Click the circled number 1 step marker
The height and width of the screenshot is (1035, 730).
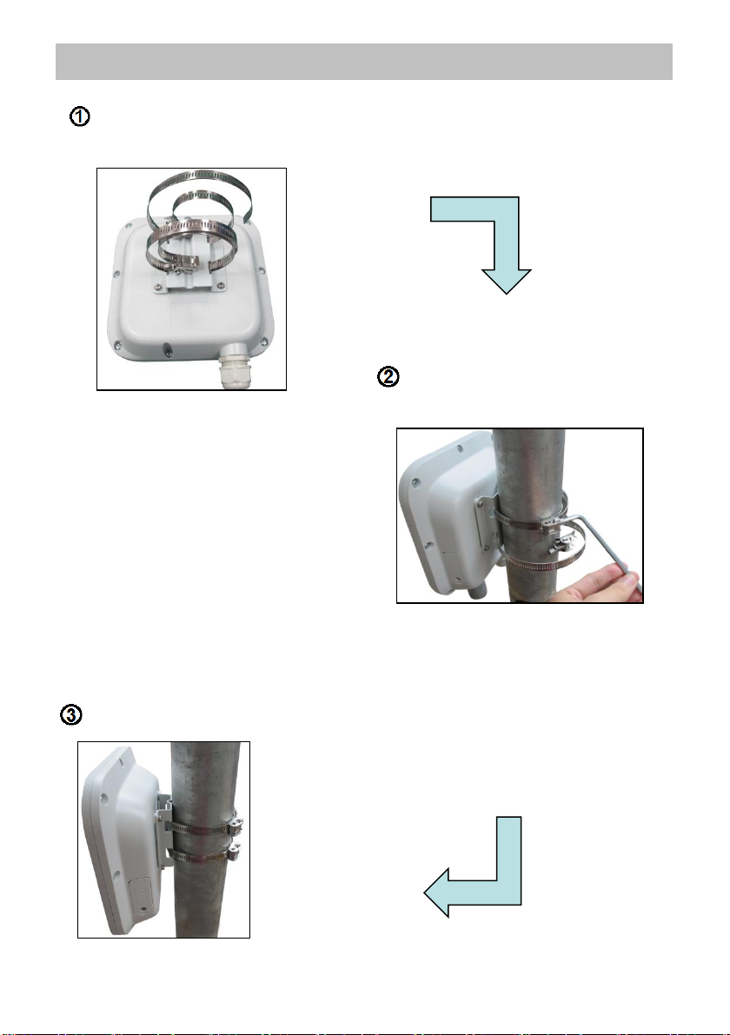tap(80, 116)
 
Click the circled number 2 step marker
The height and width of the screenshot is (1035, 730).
tap(388, 376)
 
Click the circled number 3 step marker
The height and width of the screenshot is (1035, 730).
tap(71, 715)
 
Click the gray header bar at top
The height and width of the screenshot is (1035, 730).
tap(363, 62)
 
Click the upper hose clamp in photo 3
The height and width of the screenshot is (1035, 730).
tap(204, 827)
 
